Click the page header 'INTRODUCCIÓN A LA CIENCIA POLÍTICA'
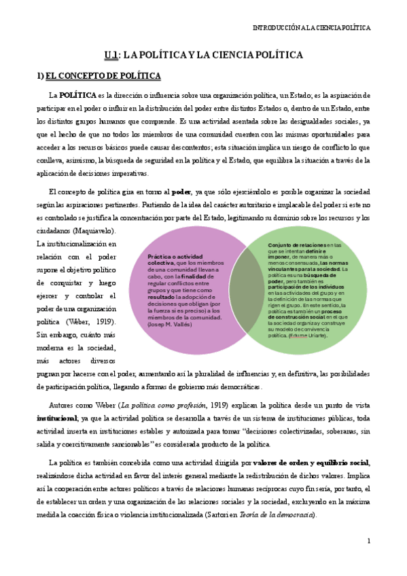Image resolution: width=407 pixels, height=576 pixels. tap(311, 28)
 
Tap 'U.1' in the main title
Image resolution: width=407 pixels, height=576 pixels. tap(112, 55)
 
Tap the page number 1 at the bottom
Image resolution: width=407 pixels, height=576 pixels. tap(368, 541)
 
